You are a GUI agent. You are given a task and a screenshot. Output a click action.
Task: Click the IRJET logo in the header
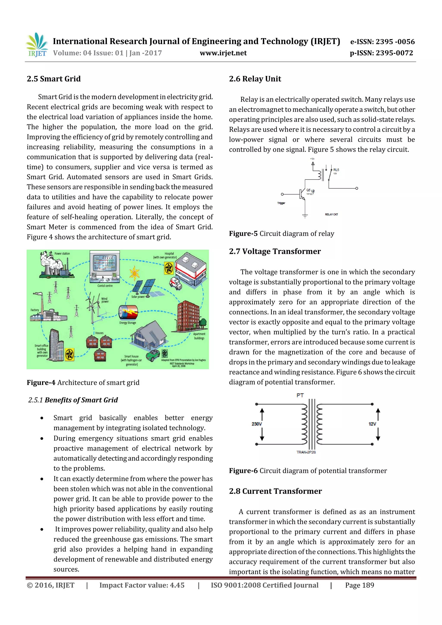(37, 45)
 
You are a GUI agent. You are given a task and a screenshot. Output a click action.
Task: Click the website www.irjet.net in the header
(223, 53)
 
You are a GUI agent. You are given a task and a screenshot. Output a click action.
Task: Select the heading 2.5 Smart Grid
(54, 79)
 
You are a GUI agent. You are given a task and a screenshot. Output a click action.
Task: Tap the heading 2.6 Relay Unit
(255, 79)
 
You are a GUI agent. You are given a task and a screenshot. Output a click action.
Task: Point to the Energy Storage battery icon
(128, 312)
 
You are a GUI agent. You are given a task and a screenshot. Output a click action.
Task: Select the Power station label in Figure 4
(62, 253)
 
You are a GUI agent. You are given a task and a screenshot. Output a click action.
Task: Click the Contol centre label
(105, 286)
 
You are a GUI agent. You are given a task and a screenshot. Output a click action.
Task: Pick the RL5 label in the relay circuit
(336, 170)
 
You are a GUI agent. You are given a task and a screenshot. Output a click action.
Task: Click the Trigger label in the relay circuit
(281, 203)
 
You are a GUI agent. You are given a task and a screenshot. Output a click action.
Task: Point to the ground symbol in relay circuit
(305, 216)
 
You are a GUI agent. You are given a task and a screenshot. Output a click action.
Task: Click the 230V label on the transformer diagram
(257, 424)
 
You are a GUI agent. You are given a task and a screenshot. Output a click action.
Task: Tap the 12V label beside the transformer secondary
(372, 424)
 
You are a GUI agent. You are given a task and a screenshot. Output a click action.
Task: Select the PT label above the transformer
(300, 395)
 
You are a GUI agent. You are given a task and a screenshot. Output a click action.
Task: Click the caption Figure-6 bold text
(243, 471)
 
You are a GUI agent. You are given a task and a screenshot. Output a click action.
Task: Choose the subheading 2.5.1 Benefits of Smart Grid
(73, 400)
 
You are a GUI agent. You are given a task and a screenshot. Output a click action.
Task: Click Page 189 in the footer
(360, 585)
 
